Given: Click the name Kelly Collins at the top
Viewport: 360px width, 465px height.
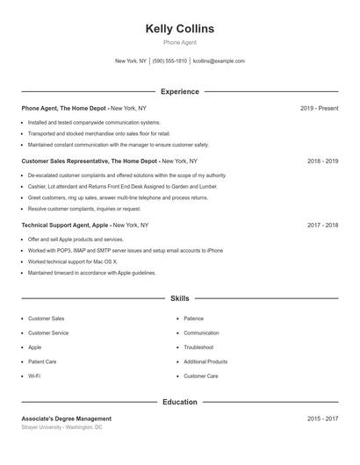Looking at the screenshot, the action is pos(179,29).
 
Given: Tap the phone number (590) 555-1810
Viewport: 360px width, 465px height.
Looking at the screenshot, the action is pos(169,61).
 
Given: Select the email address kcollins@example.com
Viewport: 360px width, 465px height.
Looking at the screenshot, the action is pos(219,61).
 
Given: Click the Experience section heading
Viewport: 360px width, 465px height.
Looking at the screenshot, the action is pos(179,91).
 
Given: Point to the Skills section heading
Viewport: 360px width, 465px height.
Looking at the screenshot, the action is pos(179,299).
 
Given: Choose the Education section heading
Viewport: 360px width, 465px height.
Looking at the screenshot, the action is pos(179,402).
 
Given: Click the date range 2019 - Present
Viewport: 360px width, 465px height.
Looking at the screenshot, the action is pos(319,108).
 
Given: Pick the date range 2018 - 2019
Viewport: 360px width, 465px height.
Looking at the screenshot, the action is pos(322,161).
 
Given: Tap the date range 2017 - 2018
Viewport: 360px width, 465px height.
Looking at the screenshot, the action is pos(322,225).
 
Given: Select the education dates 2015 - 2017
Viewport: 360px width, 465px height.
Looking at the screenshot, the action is pos(322,418).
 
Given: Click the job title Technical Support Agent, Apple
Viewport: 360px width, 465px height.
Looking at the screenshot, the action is pos(65,225).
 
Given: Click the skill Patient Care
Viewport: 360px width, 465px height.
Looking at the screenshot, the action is pos(42,361).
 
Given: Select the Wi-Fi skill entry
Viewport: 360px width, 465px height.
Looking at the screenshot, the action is pos(34,376).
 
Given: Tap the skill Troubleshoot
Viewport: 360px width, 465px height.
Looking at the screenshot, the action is pos(198,347).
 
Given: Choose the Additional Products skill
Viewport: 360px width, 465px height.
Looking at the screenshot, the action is pos(205,361).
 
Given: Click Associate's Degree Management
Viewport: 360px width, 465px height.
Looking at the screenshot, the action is pos(67,418).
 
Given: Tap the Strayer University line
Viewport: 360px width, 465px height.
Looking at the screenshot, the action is pos(61,427).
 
